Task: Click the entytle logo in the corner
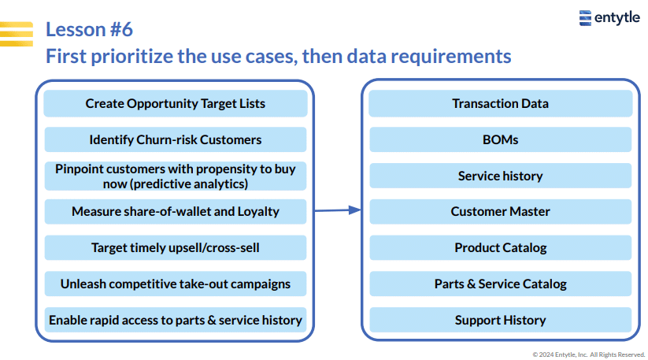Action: (x=609, y=18)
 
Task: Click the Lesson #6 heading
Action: (x=89, y=29)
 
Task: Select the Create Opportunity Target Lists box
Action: (x=176, y=103)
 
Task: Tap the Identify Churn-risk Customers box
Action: (x=176, y=139)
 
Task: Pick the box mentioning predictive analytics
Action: (x=176, y=176)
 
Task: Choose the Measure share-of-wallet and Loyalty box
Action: (x=176, y=212)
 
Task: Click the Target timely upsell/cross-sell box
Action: (x=176, y=247)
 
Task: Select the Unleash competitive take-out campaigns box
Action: (x=176, y=284)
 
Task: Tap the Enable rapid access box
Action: (x=176, y=320)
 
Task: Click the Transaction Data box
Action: (x=501, y=103)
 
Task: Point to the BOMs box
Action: (x=501, y=139)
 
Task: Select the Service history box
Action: (x=501, y=176)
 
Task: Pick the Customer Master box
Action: (x=501, y=212)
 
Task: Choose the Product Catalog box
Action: (x=501, y=247)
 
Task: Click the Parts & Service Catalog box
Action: (x=501, y=284)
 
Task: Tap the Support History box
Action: (x=501, y=320)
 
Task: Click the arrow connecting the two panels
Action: (x=338, y=210)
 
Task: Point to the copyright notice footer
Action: (x=588, y=354)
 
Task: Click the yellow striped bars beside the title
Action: (x=17, y=34)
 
